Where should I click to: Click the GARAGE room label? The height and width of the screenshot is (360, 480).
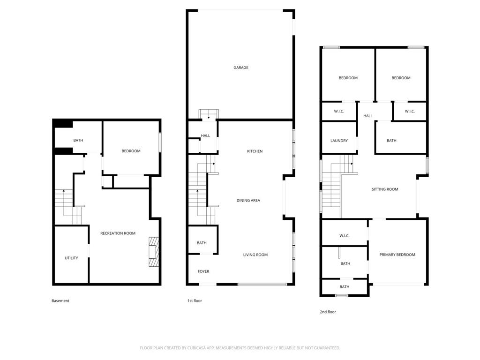(x=241, y=67)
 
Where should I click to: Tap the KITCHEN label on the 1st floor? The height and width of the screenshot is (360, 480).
(x=255, y=151)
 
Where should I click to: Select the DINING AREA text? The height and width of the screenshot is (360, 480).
(x=248, y=201)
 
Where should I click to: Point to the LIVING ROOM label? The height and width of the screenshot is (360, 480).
(x=255, y=255)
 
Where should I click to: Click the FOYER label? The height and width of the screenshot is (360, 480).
(x=203, y=271)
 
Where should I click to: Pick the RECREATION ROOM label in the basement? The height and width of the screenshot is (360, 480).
(x=118, y=233)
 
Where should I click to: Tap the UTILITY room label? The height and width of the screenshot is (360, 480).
(x=71, y=258)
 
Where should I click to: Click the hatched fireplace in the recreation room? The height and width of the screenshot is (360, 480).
(x=154, y=252)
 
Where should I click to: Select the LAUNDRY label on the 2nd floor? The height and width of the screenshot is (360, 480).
(x=339, y=141)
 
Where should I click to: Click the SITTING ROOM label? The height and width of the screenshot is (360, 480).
(x=385, y=189)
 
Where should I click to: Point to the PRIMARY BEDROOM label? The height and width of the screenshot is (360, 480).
(x=397, y=255)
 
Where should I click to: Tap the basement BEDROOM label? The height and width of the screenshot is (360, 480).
(x=131, y=151)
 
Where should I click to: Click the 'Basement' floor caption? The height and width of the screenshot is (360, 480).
(x=60, y=301)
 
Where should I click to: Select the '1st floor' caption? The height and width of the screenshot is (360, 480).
(x=195, y=301)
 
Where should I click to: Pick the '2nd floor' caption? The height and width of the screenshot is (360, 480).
(x=328, y=312)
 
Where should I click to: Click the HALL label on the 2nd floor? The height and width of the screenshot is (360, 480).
(x=368, y=116)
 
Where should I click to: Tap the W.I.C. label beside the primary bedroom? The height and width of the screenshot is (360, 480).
(x=345, y=236)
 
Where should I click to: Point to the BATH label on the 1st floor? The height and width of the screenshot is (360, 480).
(x=202, y=243)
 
